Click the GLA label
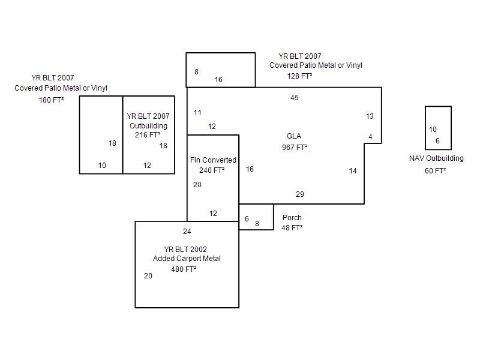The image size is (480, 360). point(294,136)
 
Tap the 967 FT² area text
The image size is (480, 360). point(295,147)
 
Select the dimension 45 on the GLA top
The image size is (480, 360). point(295,98)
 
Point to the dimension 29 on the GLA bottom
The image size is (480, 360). point(300,194)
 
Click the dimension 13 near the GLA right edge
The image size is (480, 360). point(370,116)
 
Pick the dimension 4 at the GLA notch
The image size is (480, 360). point(371,137)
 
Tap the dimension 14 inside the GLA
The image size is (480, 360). point(353,171)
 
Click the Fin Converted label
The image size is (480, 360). point(213,160)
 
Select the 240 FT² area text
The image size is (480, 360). point(212,170)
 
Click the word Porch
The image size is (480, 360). point(292,218)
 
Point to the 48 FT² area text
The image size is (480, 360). point(292,228)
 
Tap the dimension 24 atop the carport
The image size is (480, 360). point(187,232)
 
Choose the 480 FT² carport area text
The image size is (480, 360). point(184,269)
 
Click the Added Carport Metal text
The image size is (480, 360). point(187,259)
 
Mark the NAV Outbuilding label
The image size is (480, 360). point(436,159)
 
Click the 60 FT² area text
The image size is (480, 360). point(436,171)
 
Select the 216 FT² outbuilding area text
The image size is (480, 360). point(148,136)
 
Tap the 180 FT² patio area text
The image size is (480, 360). point(52,100)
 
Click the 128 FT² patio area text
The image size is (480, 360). point(299,76)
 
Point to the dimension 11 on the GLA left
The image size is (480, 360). point(198,113)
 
